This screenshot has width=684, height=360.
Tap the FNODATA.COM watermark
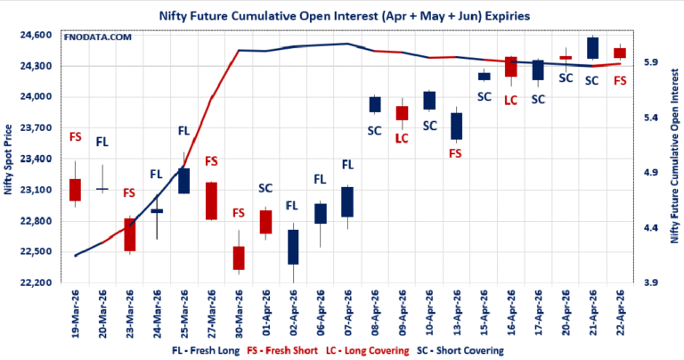pos(97,37)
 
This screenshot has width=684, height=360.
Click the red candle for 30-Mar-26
pos(239,258)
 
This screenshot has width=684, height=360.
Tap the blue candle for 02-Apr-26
pos(293,247)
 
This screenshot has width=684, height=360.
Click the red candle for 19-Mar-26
pos(76,190)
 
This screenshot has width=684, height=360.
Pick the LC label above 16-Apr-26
pos(510,100)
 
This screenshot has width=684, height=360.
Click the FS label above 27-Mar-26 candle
pos(212,161)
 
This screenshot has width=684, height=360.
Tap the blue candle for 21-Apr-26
pos(592,48)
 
